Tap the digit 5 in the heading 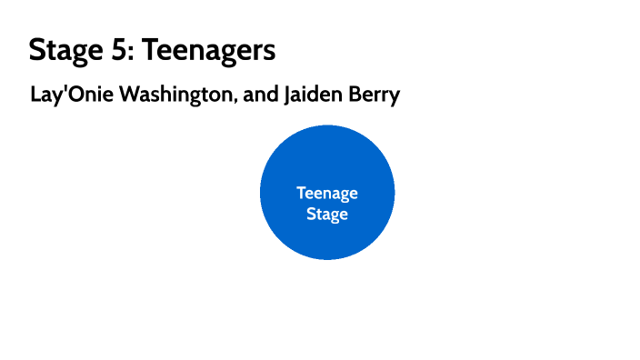pyautogui.click(x=122, y=50)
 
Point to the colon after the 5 pyautogui.click(x=134, y=53)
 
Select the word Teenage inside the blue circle pyautogui.click(x=327, y=194)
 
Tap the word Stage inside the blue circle pyautogui.click(x=327, y=215)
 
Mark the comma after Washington pyautogui.click(x=238, y=100)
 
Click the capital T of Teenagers pyautogui.click(x=151, y=50)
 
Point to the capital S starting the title pyautogui.click(x=37, y=50)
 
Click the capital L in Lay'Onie pyautogui.click(x=35, y=95)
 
